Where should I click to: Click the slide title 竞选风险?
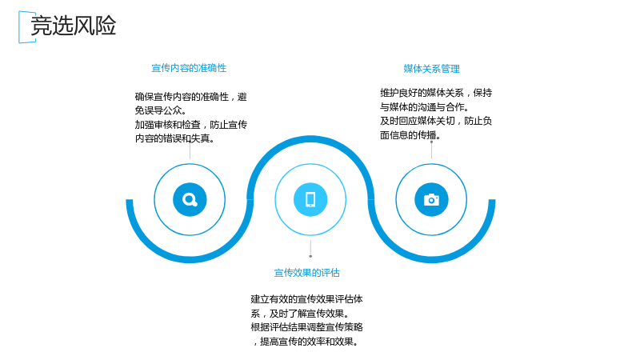pyautogui.click(x=74, y=26)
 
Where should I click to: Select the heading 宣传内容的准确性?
pyautogui.click(x=189, y=68)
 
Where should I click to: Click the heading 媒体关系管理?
pyautogui.click(x=431, y=69)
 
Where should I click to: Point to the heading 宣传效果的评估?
pyautogui.click(x=307, y=272)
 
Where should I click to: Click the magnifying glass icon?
pyautogui.click(x=190, y=199)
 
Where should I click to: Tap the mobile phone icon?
pyautogui.click(x=310, y=199)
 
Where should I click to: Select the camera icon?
pyautogui.click(x=431, y=200)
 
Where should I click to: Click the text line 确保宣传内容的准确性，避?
pyautogui.click(x=191, y=97)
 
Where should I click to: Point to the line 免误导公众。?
pyautogui.click(x=161, y=110)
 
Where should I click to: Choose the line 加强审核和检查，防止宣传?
pyautogui.click(x=191, y=125)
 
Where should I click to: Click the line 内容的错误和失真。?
pyautogui.click(x=174, y=138)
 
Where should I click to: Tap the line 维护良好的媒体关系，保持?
pyautogui.click(x=436, y=93)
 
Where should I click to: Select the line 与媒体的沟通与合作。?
pyautogui.click(x=425, y=107)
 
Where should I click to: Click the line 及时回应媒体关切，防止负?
pyautogui.click(x=436, y=121)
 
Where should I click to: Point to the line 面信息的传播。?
pyautogui.click(x=410, y=134)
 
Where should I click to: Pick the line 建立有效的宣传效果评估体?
pyautogui.click(x=307, y=299)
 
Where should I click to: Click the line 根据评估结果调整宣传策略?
pyautogui.click(x=307, y=327)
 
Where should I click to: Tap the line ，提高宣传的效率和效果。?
pyautogui.click(x=306, y=342)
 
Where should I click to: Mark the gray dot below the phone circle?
pyautogui.click(x=310, y=256)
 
